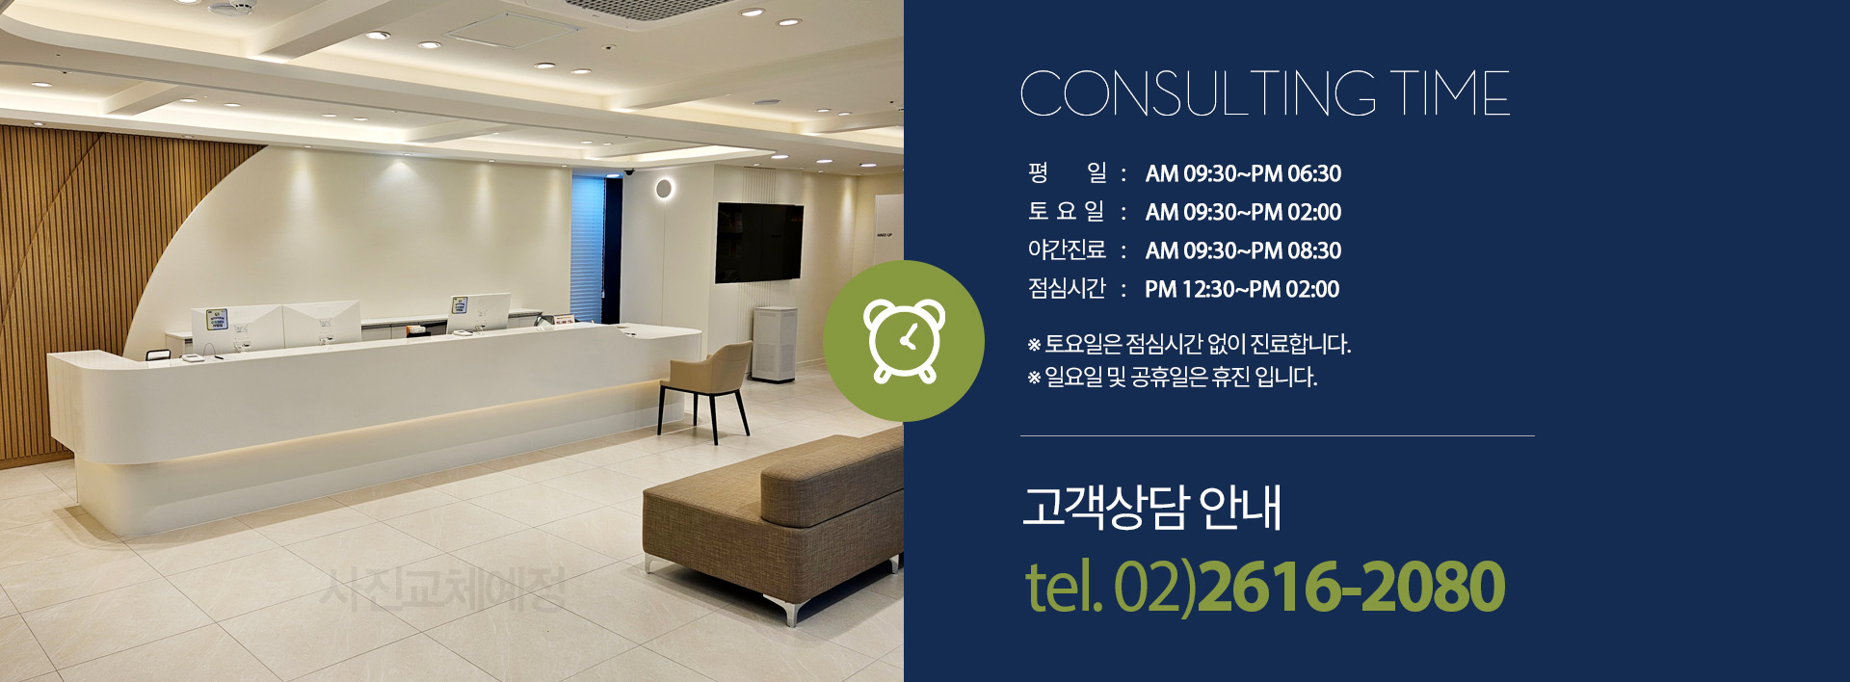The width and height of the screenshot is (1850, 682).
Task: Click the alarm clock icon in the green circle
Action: (904, 341)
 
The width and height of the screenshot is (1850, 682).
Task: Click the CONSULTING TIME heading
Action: (1264, 93)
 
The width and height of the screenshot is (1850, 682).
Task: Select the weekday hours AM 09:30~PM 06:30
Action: (1243, 173)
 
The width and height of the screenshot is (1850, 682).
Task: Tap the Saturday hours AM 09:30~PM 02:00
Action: (1243, 212)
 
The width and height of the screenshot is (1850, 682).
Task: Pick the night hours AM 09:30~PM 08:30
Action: (1243, 250)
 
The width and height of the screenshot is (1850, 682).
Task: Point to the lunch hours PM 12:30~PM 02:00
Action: (1242, 289)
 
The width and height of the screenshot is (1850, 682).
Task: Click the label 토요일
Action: (1067, 211)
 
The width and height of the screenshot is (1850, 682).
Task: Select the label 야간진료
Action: (1067, 249)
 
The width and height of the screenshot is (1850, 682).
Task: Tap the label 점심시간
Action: (1067, 288)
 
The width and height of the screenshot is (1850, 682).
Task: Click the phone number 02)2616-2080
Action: (1309, 586)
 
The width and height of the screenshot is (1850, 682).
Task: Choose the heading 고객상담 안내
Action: (1152, 507)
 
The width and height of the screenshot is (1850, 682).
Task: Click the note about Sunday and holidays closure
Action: (1173, 377)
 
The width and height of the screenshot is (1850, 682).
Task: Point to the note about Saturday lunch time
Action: (1189, 344)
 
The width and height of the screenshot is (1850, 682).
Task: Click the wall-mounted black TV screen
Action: (758, 243)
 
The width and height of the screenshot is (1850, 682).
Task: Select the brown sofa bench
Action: (773, 520)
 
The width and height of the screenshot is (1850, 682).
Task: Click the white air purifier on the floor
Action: (774, 344)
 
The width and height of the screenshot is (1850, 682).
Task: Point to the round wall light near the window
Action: (664, 188)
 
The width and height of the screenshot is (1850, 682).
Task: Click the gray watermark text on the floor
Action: (443, 589)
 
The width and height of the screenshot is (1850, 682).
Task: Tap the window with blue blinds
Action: (589, 247)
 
